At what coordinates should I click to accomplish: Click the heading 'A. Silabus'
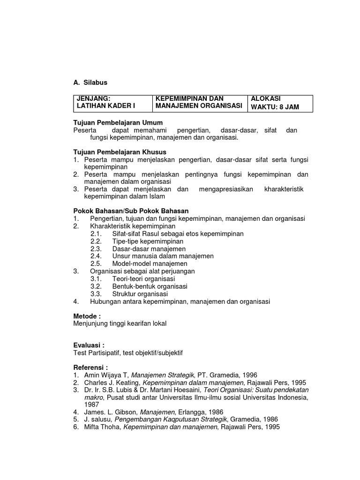click(x=90, y=82)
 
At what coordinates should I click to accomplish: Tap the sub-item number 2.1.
click(x=96, y=234)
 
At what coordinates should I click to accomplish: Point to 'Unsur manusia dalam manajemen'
click(x=163, y=256)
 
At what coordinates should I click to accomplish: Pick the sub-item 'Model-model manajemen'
click(x=150, y=264)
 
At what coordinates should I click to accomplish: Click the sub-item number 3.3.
click(x=96, y=294)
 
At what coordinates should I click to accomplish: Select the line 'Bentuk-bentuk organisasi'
click(x=150, y=286)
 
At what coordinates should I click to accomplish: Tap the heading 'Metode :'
click(x=87, y=316)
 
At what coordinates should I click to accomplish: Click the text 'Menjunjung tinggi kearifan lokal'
click(x=120, y=323)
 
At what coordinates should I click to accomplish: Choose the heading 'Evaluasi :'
click(x=89, y=345)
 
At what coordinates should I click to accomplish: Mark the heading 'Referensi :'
click(x=91, y=367)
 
